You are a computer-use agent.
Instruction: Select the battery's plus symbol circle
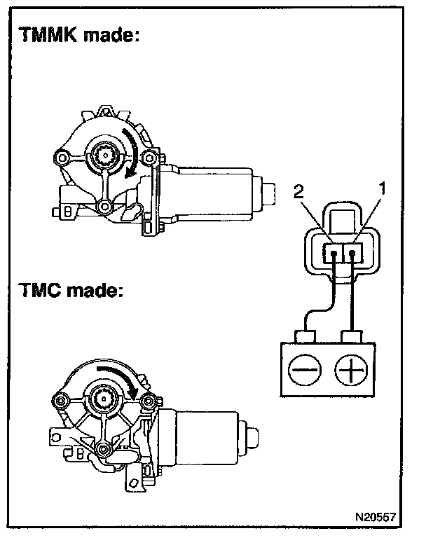[349, 369]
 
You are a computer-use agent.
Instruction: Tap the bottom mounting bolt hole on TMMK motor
[104, 206]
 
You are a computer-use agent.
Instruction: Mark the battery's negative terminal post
[306, 337]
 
